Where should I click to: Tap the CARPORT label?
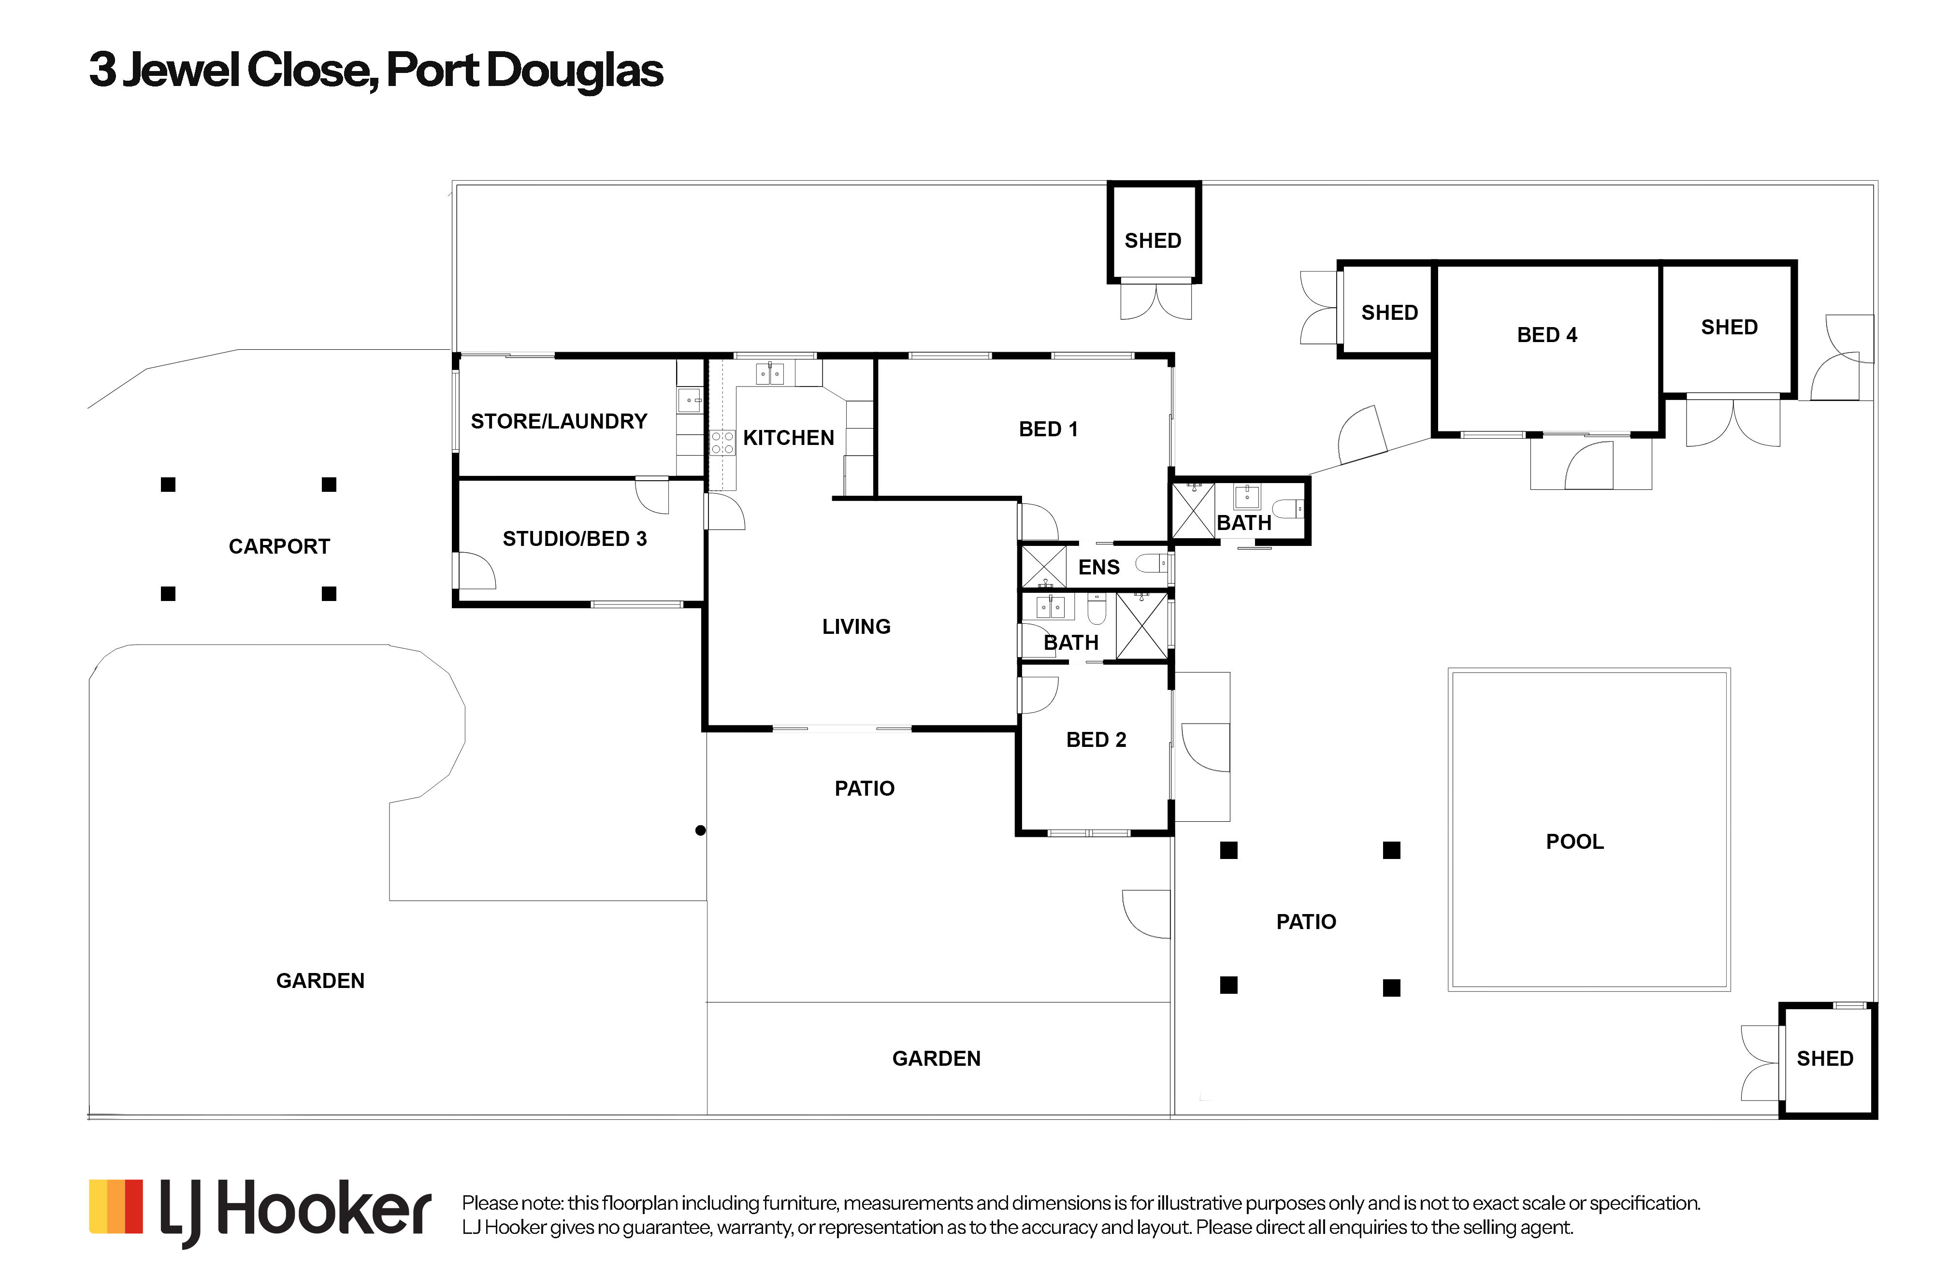click(x=278, y=546)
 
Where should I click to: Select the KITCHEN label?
click(x=788, y=438)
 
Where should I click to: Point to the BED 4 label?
click(x=1546, y=335)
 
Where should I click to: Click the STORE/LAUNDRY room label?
click(x=559, y=421)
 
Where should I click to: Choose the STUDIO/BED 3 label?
click(x=574, y=539)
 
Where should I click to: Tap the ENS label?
click(x=1098, y=567)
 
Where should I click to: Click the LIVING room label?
click(x=856, y=627)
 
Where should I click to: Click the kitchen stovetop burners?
click(x=722, y=442)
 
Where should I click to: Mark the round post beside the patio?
click(x=700, y=830)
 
